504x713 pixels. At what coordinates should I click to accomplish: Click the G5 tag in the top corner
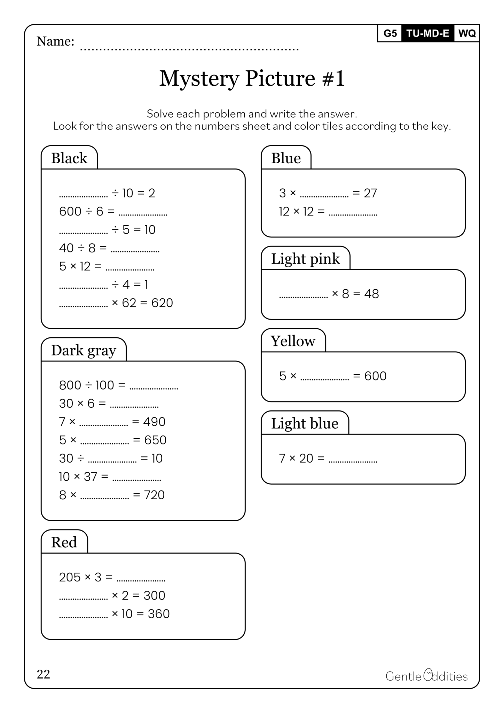click(x=390, y=33)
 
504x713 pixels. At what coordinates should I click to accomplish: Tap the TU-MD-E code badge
click(x=428, y=33)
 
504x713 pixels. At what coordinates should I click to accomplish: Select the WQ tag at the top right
click(x=467, y=33)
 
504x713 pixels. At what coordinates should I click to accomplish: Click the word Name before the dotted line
click(x=55, y=41)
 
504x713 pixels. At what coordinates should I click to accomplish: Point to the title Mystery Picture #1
click(x=252, y=78)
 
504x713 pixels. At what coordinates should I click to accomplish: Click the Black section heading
click(x=69, y=158)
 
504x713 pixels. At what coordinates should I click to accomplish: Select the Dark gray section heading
click(x=84, y=351)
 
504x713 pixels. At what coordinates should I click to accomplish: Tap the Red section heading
click(x=64, y=542)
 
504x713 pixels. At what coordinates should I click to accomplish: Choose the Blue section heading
click(x=286, y=158)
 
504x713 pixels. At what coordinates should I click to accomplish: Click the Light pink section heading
click(x=305, y=259)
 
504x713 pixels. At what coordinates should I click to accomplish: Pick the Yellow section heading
click(x=293, y=341)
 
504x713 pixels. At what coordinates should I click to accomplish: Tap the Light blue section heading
click(x=305, y=424)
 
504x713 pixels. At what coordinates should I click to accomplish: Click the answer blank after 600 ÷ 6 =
click(x=143, y=212)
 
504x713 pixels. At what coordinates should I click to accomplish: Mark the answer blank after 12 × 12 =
click(x=353, y=212)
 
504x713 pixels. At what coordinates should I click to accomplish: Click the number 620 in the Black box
click(x=162, y=303)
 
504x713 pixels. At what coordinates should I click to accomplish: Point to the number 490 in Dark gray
click(x=154, y=422)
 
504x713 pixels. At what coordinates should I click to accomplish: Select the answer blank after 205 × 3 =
click(x=141, y=578)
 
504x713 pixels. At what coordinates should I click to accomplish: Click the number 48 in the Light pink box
click(x=371, y=294)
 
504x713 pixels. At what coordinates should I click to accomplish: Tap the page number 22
click(x=44, y=674)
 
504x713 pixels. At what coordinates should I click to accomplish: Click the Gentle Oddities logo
click(x=426, y=676)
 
